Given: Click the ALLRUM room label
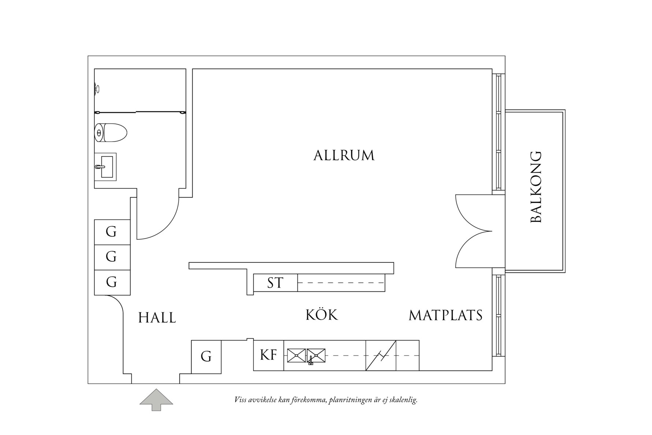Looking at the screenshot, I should click(344, 155).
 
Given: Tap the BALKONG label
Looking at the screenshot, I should click(536, 187).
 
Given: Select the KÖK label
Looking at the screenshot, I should click(322, 315).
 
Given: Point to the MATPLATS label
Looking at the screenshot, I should click(445, 315).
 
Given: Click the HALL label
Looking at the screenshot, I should click(157, 318).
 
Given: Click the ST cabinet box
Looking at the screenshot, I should click(275, 283).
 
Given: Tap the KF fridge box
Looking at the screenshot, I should click(268, 355).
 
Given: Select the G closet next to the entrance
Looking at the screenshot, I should click(206, 357).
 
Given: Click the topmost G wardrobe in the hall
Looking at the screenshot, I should click(112, 232).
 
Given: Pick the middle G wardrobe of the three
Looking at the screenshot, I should click(112, 257).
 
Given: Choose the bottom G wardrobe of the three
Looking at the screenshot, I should click(112, 282).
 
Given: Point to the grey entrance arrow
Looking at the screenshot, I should click(156, 399).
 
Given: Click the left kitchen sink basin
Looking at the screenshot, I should click(296, 355).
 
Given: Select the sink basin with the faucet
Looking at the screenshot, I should click(316, 355).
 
